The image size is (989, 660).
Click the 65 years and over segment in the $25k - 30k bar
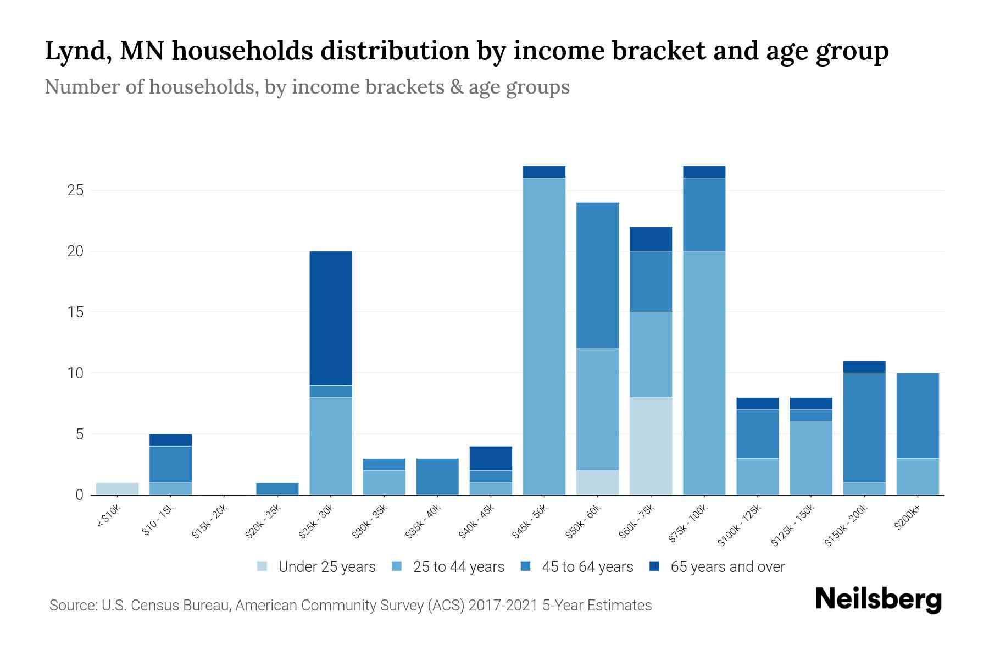pyautogui.click(x=331, y=318)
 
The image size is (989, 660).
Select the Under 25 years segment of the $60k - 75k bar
pyautogui.click(x=651, y=446)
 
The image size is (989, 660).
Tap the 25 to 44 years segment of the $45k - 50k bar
pyautogui.click(x=544, y=336)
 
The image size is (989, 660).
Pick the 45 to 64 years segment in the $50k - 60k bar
pyautogui.click(x=597, y=276)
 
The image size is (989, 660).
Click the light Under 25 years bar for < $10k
pyautogui.click(x=117, y=488)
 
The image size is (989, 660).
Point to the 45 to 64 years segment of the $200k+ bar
pyautogui.click(x=918, y=415)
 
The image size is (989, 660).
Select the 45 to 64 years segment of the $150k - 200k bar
pyautogui.click(x=864, y=427)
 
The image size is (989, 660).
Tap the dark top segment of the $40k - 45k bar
pyautogui.click(x=491, y=458)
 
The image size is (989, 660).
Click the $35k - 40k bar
pyautogui.click(x=437, y=476)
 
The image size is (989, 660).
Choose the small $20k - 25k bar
pyautogui.click(x=277, y=488)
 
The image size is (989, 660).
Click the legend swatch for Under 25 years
pyautogui.click(x=263, y=566)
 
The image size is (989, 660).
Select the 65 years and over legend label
pyautogui.click(x=727, y=567)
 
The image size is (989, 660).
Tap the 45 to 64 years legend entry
pyautogui.click(x=587, y=567)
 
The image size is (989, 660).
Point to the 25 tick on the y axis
pyautogui.click(x=75, y=191)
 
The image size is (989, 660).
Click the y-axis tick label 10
pyautogui.click(x=75, y=373)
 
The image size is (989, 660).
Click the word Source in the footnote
pyautogui.click(x=72, y=606)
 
